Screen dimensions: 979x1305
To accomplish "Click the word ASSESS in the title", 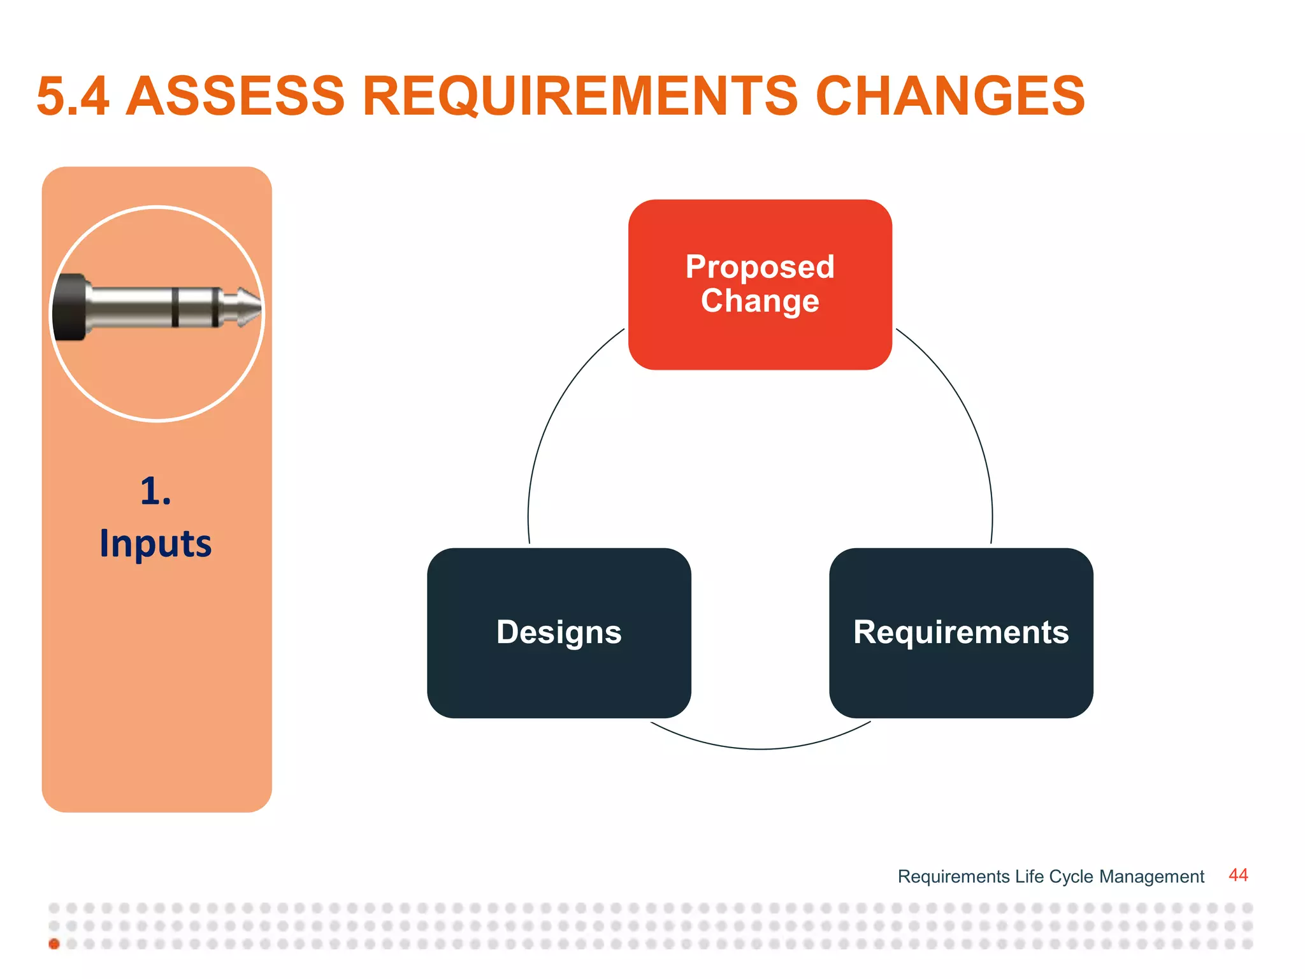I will tap(235, 96).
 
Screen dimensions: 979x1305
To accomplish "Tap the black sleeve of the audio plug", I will tap(69, 307).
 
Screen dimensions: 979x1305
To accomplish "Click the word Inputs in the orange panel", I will tap(155, 544).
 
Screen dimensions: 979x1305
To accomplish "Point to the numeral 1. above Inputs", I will tap(155, 491).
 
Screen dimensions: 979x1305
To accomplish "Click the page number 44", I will tap(1237, 875).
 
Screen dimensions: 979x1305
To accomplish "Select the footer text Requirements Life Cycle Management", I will tap(1050, 876).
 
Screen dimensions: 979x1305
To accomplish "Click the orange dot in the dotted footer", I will tap(54, 944).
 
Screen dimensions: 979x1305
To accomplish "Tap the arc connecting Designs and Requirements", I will tap(760, 749).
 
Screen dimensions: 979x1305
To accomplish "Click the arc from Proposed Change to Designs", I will tap(554, 408).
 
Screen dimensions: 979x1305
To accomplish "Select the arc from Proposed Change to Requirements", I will tap(965, 408).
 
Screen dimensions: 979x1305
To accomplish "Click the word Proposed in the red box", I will tap(760, 266).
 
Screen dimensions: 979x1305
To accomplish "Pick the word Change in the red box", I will tap(760, 300).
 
